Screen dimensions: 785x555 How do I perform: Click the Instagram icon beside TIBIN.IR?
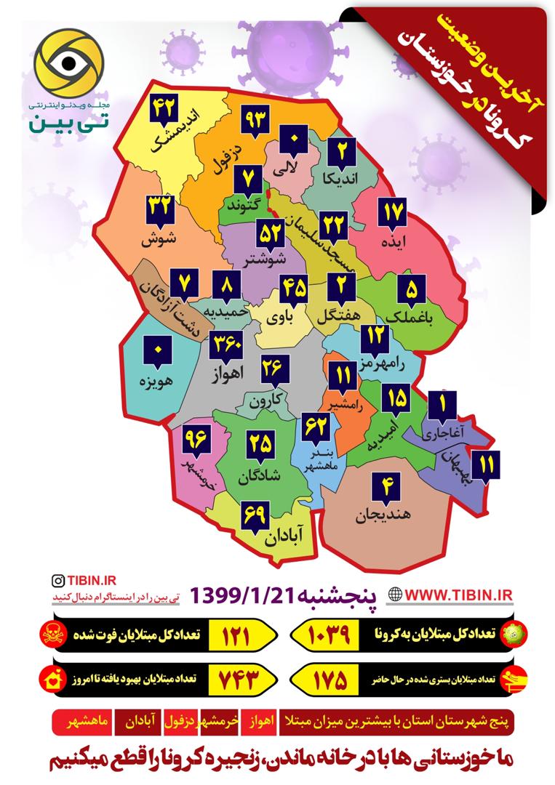click(x=57, y=580)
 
